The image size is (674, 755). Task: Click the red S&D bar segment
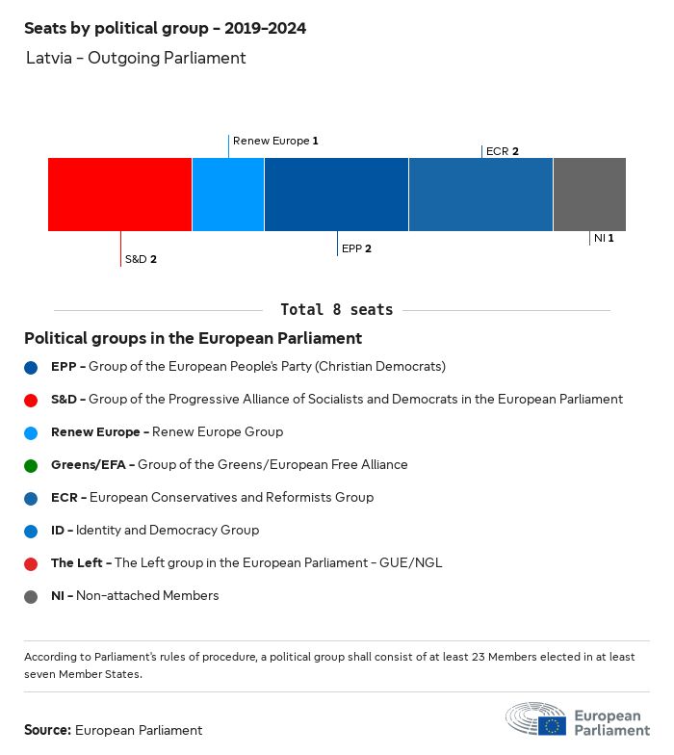pyautogui.click(x=119, y=195)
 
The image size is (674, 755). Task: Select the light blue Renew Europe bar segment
pyautogui.click(x=228, y=195)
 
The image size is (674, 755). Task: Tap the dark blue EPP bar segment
pyautogui.click(x=336, y=195)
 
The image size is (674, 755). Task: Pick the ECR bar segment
pyautogui.click(x=480, y=195)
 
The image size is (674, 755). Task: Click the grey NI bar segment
pyautogui.click(x=589, y=195)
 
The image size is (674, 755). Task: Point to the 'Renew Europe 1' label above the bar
pyautogui.click(x=275, y=141)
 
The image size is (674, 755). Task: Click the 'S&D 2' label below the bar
pyautogui.click(x=141, y=259)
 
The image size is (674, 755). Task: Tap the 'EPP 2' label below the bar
pyautogui.click(x=356, y=248)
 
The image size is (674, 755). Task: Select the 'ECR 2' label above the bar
pyautogui.click(x=503, y=151)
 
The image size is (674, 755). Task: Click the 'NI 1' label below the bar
pyautogui.click(x=604, y=238)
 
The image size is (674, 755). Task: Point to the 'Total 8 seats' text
pyautogui.click(x=336, y=310)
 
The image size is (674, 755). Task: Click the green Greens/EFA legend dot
pyautogui.click(x=32, y=465)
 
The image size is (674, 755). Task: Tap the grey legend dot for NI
pyautogui.click(x=32, y=596)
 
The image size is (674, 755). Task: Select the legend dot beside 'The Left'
pyautogui.click(x=32, y=563)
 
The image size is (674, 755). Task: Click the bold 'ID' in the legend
pyautogui.click(x=58, y=531)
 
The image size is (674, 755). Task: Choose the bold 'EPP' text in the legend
pyautogui.click(x=64, y=367)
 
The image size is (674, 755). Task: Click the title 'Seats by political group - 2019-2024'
pyautogui.click(x=165, y=29)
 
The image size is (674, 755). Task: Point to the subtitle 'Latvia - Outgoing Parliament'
pyautogui.click(x=136, y=58)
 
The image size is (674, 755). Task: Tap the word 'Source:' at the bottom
pyautogui.click(x=47, y=730)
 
